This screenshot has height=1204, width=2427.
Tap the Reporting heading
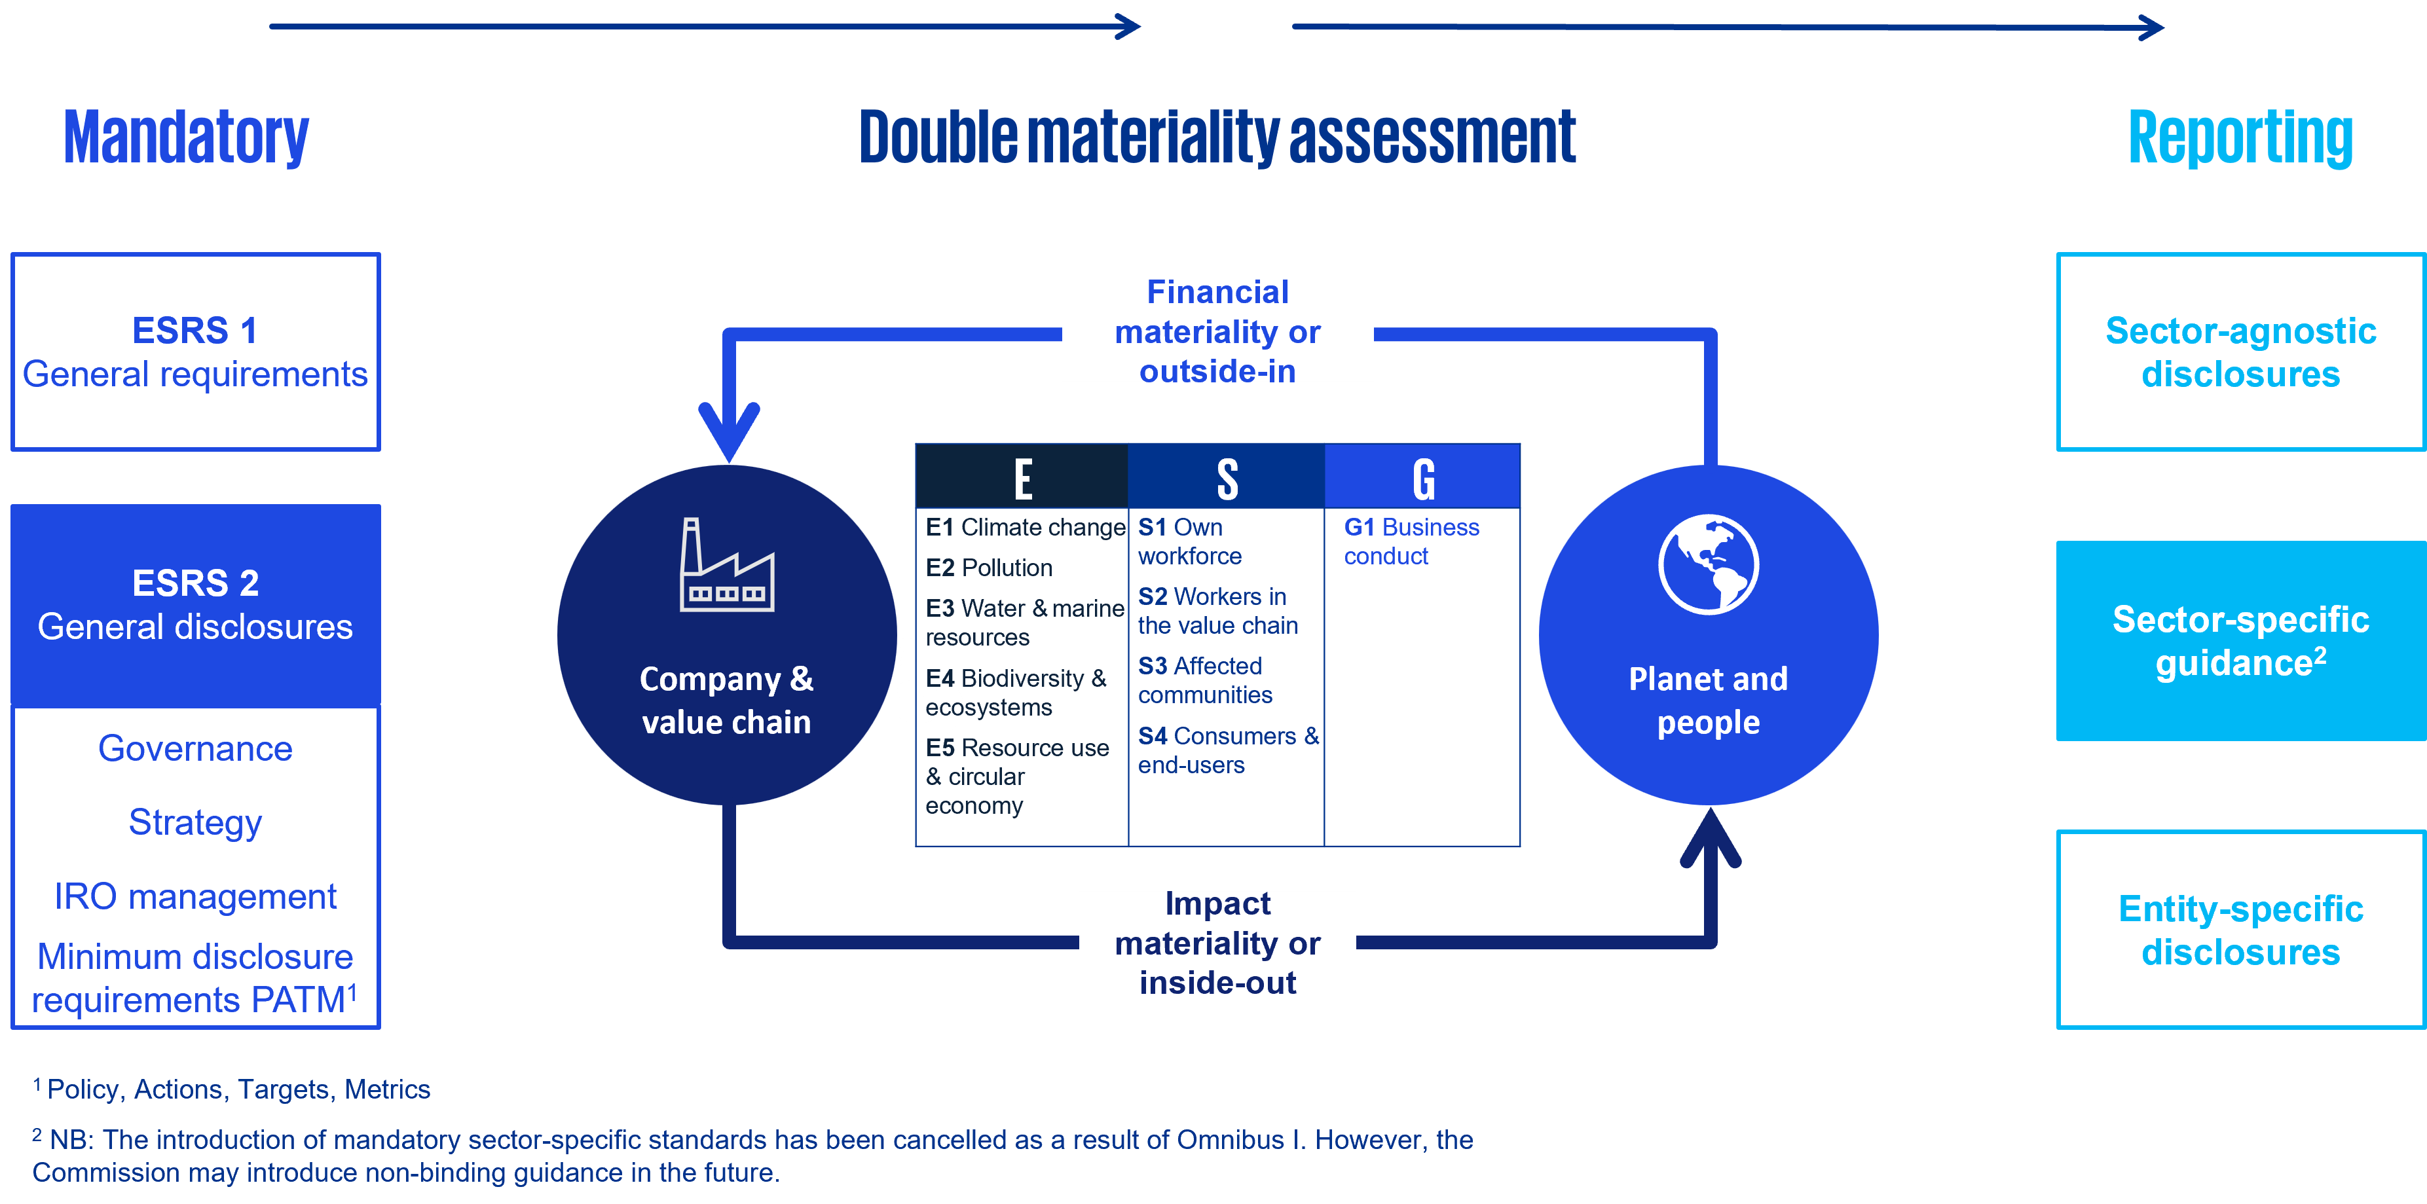(2240, 137)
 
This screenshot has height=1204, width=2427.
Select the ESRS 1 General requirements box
(195, 352)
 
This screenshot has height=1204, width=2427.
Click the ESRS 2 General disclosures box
(195, 605)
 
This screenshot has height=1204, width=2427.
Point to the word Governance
(195, 749)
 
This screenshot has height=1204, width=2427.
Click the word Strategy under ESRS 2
(195, 822)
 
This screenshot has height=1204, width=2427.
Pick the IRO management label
(195, 896)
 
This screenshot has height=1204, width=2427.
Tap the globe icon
(1707, 564)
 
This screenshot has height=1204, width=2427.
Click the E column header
(1022, 478)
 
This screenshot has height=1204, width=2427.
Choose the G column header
(1422, 478)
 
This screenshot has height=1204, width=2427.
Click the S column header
(1227, 478)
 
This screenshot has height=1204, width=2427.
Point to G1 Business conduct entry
(1411, 541)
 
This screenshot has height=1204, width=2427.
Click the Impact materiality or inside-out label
(1217, 942)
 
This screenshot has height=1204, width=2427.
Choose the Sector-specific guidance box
(2240, 640)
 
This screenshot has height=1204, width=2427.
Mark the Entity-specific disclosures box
(2240, 930)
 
